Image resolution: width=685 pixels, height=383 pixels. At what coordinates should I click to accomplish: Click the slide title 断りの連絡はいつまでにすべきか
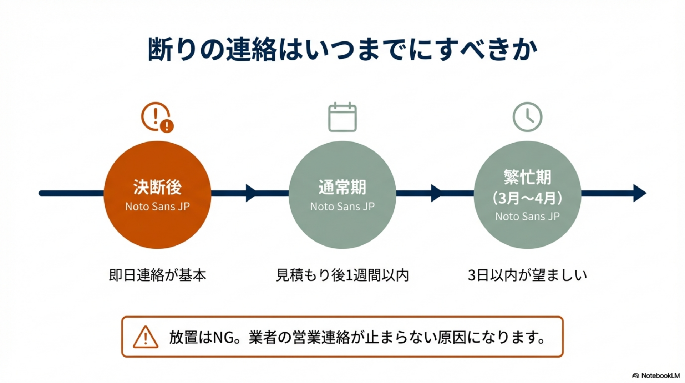(342, 49)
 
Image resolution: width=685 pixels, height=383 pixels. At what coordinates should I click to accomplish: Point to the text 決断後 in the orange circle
(157, 187)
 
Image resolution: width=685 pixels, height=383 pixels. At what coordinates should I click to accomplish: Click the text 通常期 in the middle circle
(342, 187)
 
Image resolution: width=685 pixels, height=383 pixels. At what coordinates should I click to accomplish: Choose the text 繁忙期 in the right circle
(527, 177)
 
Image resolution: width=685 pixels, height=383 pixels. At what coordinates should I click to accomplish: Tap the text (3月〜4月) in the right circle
(527, 198)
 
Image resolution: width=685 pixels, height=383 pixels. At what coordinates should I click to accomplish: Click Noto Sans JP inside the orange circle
(157, 207)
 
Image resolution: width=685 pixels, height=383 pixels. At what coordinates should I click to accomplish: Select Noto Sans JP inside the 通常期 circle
(342, 207)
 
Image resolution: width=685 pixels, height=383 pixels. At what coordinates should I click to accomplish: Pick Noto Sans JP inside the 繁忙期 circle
(527, 216)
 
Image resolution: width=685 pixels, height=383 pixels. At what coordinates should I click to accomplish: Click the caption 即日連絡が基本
(157, 275)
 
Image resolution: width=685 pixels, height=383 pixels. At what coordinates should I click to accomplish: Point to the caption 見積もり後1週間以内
(342, 275)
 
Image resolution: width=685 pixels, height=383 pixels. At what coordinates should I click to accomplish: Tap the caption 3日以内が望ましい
(527, 275)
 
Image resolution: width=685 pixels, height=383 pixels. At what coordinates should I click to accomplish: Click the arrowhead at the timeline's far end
(640, 193)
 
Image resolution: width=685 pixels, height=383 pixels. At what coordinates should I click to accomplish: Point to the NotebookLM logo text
(660, 375)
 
